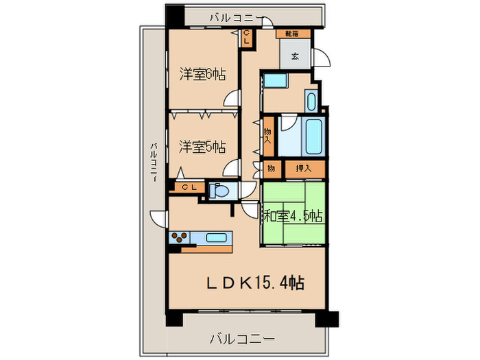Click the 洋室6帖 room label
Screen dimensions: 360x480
tap(204, 74)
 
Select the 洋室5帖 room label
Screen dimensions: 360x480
tap(204, 146)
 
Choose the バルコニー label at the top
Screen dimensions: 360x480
tap(217, 16)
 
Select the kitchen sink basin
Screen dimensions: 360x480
tap(217, 238)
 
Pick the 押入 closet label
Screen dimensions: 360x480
tap(303, 168)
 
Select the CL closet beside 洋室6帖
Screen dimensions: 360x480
tap(246, 38)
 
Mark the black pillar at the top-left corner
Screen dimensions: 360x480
tap(175, 16)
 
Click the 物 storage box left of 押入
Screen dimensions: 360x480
tap(271, 168)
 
